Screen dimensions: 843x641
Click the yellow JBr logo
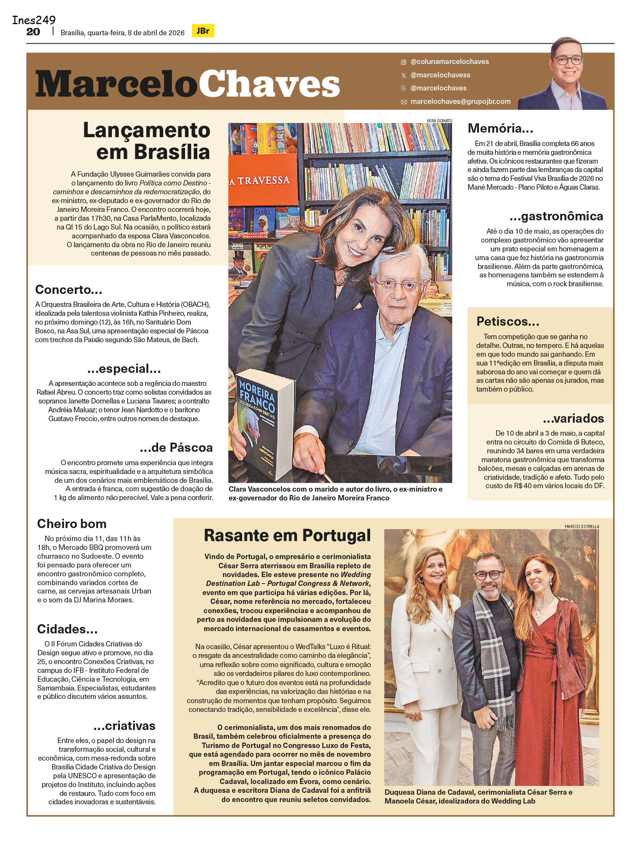(203, 31)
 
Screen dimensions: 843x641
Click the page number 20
(33, 32)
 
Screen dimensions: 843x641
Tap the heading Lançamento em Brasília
(147, 141)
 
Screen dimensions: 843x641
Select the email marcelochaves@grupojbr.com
(460, 102)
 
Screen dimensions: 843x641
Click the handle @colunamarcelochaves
(449, 62)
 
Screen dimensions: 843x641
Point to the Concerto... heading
(69, 290)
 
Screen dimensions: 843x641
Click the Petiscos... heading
(508, 321)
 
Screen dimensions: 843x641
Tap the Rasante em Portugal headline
(287, 536)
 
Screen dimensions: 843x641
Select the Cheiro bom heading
(72, 524)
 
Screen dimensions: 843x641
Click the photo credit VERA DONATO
(439, 121)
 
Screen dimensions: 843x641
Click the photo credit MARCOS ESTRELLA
(582, 526)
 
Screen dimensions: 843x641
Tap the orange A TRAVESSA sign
(263, 180)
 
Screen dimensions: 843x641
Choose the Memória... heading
(500, 128)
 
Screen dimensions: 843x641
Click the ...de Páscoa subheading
(176, 448)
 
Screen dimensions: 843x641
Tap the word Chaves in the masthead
(269, 84)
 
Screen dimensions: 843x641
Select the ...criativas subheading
(124, 726)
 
